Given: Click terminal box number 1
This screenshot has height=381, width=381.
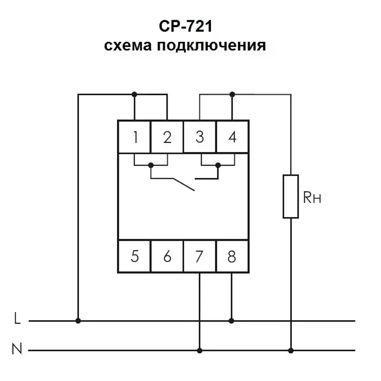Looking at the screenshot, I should pos(134,137).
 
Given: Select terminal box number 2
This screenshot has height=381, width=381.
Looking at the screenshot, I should pos(167,137).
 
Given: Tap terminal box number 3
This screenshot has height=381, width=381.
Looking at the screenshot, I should pos(200,137).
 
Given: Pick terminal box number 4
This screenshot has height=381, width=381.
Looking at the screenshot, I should pos(232,137).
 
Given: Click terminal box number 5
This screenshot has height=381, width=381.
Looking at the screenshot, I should pos(134,256).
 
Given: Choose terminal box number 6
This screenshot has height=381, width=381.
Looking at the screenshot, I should pos(167,256).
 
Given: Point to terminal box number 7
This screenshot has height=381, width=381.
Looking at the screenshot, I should pos(200,256).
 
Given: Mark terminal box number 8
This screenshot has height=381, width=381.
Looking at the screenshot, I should pos(232,256).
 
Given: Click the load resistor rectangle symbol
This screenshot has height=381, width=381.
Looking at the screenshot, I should pos(291,196).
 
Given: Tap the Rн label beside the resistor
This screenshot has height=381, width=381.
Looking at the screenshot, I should pos(312,198).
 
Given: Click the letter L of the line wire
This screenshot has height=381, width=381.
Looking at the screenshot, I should pos(17,319).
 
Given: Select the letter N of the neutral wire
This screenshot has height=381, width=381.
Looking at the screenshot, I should pos(17,349).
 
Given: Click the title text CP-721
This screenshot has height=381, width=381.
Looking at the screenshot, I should pos(185,27).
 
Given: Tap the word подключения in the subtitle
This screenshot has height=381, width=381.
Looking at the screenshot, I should pos(211,46).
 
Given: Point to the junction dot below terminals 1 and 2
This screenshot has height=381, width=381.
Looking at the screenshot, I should pos(151,165).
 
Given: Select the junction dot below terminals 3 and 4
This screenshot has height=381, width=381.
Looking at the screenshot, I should pos(218,165).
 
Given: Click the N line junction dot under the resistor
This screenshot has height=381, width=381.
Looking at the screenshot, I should pos(291,350).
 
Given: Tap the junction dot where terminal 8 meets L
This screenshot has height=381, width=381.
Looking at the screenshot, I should pos(232,321).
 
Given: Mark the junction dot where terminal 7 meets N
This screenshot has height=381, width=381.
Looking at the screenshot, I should pos(200,350).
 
